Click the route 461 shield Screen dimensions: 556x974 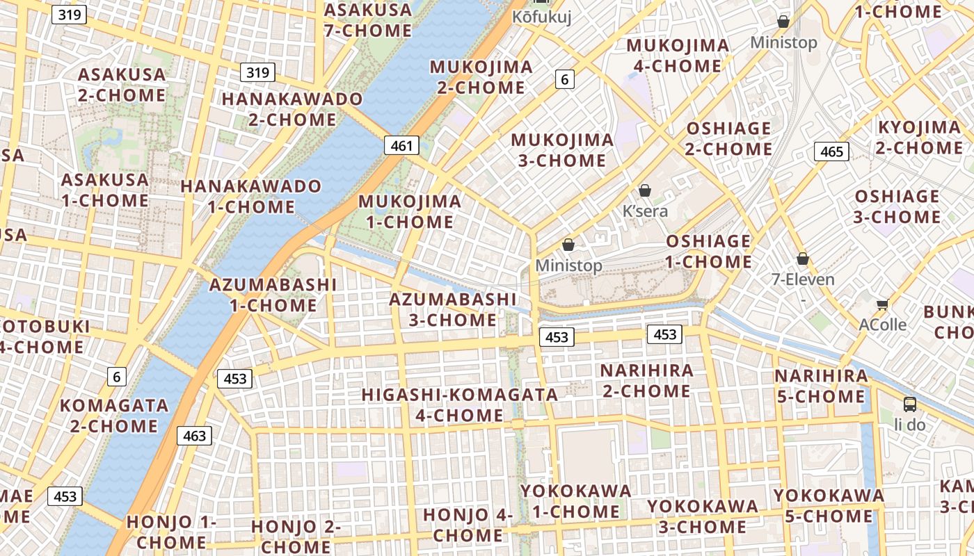tap(401, 146)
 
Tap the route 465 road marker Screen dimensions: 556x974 tap(831, 152)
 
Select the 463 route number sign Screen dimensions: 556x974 tap(194, 436)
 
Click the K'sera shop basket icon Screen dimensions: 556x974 tap(645, 190)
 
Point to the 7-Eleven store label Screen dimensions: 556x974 tap(803, 280)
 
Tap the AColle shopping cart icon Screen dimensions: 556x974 tap(883, 304)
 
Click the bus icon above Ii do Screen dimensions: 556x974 tap(909, 404)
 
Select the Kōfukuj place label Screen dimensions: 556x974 tap(542, 17)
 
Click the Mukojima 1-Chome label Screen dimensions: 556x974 tap(410, 212)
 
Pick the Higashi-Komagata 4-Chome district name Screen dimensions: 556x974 tap(459, 405)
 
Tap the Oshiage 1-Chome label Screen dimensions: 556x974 tap(709, 252)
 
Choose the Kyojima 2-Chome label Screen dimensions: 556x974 tap(919, 138)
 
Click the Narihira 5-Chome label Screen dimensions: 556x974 tap(821, 386)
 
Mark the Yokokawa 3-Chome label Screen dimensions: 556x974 tap(703, 516)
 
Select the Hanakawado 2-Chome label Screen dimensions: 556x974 tap(292, 109)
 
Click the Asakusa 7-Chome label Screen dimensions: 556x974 tap(368, 20)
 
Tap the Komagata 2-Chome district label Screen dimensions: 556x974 tap(114, 416)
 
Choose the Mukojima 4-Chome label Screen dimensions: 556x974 tap(678, 56)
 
